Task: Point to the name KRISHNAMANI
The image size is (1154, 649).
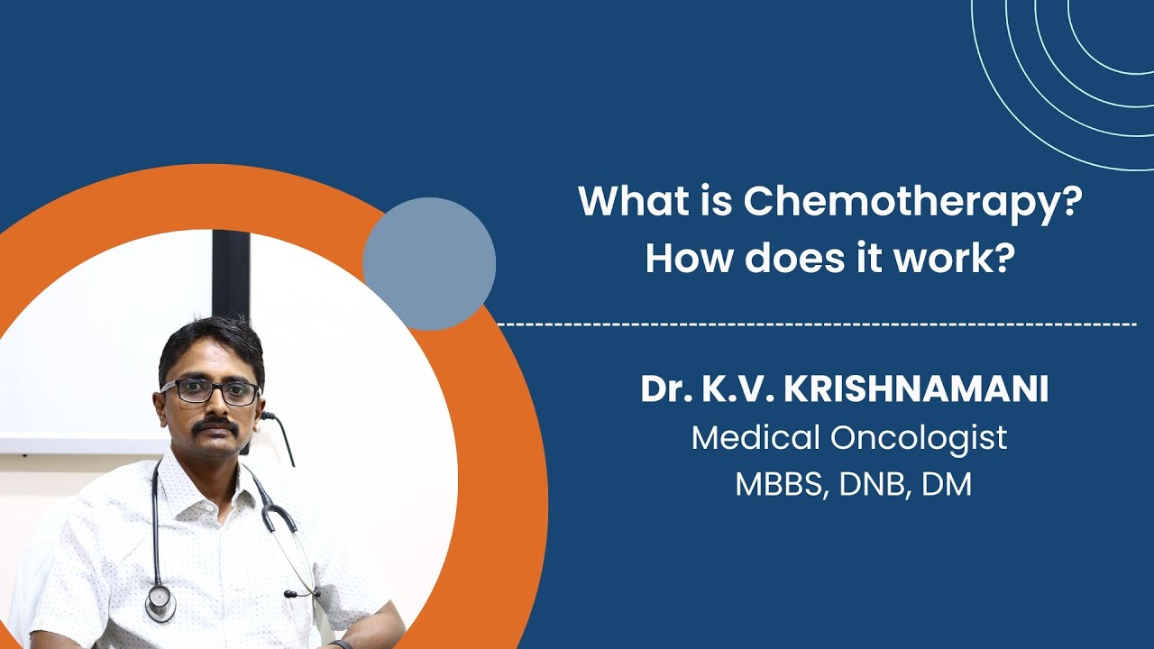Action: [916, 389]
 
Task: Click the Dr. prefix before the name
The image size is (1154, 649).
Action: [666, 389]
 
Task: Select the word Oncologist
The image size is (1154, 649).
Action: [919, 439]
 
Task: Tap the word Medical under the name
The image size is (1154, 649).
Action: [756, 437]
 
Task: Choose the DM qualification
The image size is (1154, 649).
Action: [947, 485]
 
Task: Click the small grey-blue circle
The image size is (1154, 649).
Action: [429, 264]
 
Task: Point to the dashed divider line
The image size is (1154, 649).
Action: [817, 324]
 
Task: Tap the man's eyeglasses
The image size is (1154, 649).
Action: [210, 392]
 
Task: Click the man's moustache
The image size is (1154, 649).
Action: [217, 425]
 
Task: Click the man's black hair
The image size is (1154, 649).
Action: [211, 346]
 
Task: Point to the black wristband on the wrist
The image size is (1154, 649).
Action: [341, 644]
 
